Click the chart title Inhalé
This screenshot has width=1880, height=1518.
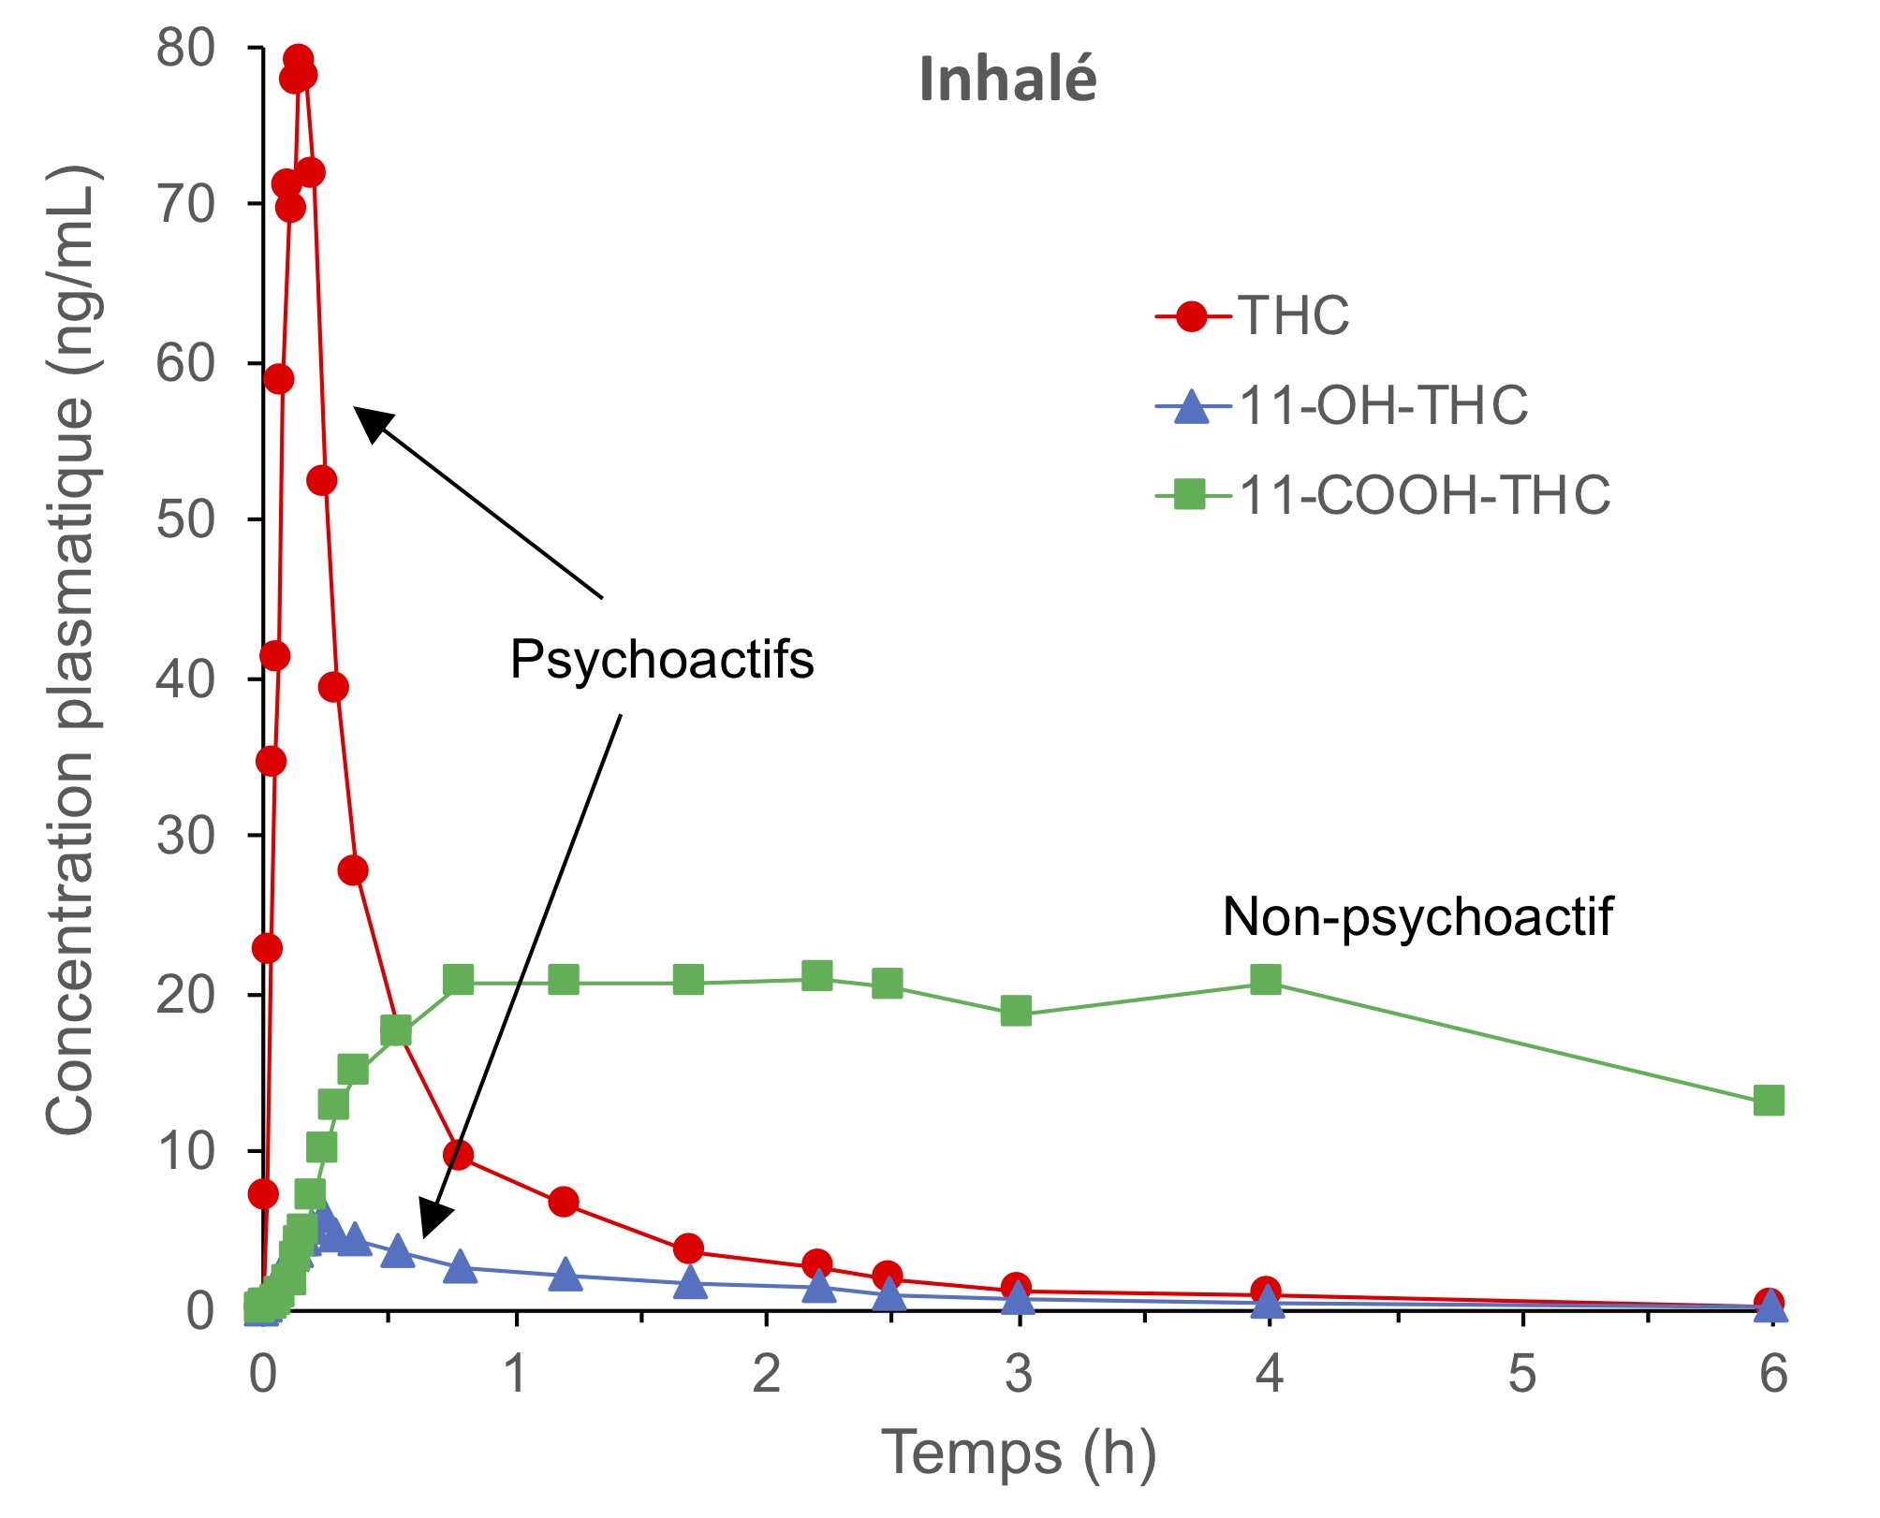pos(1007,79)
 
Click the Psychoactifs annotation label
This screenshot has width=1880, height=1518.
pos(662,660)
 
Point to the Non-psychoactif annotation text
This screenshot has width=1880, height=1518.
pos(1417,916)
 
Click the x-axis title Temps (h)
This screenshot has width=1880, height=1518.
pos(1019,1452)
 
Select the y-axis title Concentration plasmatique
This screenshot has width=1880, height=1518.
pos(71,650)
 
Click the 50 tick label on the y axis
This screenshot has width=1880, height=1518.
pos(185,520)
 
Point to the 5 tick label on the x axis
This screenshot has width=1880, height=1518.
pos(1522,1374)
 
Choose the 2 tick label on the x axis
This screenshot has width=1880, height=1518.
pos(767,1374)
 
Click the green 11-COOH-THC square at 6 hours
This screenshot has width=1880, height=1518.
pos(1768,1101)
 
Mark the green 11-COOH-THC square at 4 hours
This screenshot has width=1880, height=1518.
pos(1266,980)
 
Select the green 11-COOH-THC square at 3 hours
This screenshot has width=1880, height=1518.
pos(1016,1011)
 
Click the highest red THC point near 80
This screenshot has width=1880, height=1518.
pos(298,60)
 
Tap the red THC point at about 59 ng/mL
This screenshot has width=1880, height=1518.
pos(279,379)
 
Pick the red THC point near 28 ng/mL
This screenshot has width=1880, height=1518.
pos(353,870)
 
